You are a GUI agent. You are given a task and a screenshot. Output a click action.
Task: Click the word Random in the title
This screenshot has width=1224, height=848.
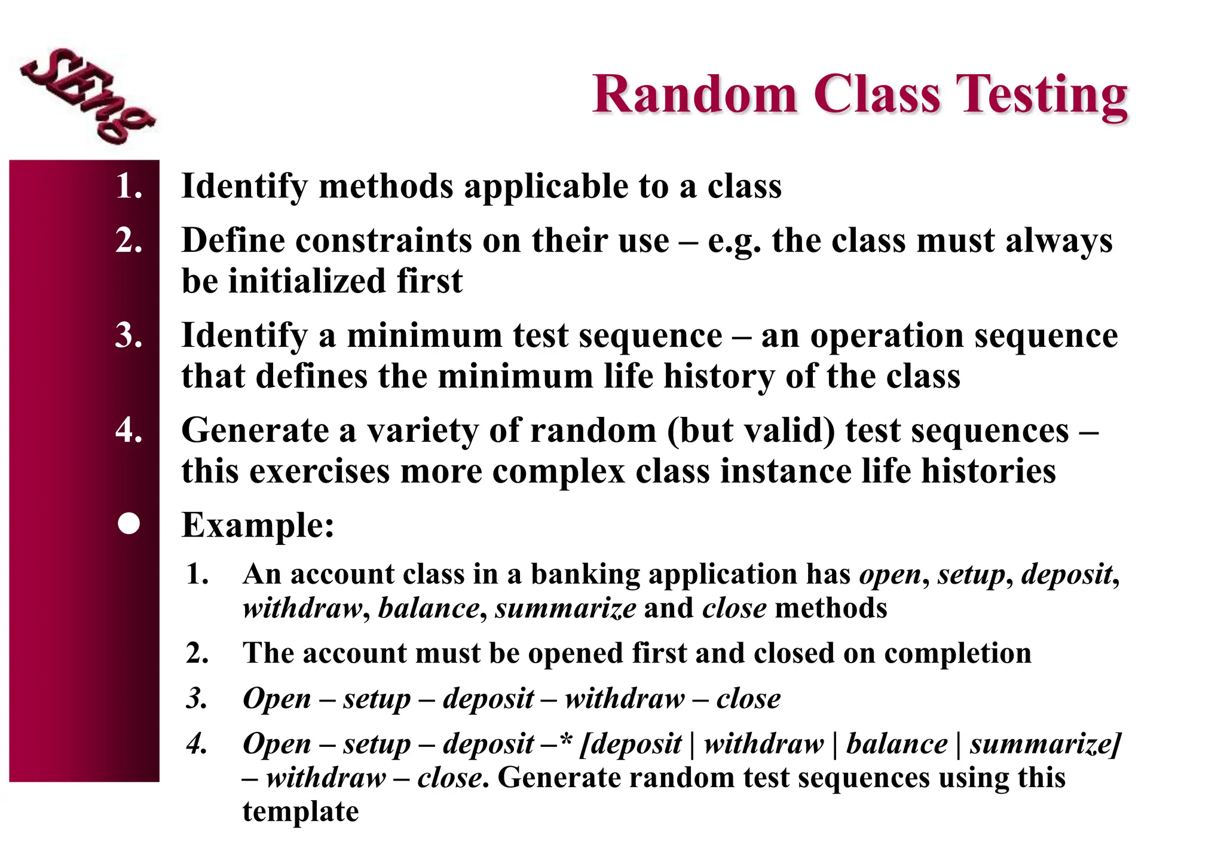(x=694, y=94)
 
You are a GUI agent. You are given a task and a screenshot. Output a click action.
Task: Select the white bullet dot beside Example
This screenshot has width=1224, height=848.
(x=128, y=524)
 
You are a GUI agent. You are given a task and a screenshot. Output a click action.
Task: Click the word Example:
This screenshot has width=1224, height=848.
(x=258, y=525)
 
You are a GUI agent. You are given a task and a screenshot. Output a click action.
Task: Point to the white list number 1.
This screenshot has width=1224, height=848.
(x=128, y=186)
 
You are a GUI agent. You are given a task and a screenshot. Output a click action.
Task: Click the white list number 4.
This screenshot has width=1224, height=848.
(x=128, y=430)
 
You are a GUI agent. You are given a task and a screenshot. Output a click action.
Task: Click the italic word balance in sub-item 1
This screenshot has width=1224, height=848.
(x=429, y=609)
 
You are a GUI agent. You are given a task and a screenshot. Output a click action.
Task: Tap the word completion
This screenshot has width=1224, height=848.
(x=957, y=654)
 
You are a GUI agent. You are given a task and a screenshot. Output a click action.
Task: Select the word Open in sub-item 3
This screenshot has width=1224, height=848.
(x=277, y=698)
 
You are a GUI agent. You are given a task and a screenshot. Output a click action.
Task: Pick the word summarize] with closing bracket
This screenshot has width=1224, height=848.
(x=1045, y=745)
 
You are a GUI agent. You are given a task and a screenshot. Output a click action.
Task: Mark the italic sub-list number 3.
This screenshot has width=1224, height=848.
(x=197, y=698)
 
